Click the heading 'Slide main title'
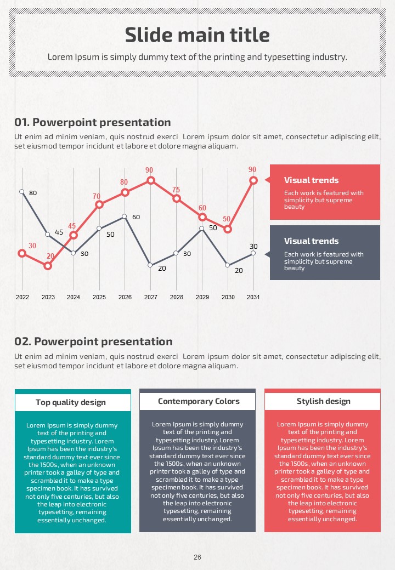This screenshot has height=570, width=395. coord(198,35)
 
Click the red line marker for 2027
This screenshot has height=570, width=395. coord(151,180)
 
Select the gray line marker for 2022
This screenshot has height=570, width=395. coord(22,192)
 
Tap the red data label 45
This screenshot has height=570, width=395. coord(72,226)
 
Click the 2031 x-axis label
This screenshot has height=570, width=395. coord(253,297)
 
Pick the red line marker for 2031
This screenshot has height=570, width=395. coord(253,180)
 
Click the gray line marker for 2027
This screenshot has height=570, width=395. coord(150,265)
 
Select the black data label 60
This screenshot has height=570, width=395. coord(136,217)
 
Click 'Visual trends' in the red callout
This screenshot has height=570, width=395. coord(311,180)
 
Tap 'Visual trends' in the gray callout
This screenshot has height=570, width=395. coord(311,241)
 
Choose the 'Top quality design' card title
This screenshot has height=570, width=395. coord(71,402)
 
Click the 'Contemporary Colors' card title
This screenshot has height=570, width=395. coord(199,401)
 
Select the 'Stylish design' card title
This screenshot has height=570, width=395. coord(323,401)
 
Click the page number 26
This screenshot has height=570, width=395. coord(198,557)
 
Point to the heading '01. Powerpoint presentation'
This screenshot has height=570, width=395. coord(93,123)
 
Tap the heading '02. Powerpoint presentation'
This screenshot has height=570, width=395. coord(93,341)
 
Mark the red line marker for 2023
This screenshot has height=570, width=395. coord(48,266)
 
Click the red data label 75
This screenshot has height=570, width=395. coord(176,190)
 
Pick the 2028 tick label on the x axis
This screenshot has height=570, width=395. coord(177,297)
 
